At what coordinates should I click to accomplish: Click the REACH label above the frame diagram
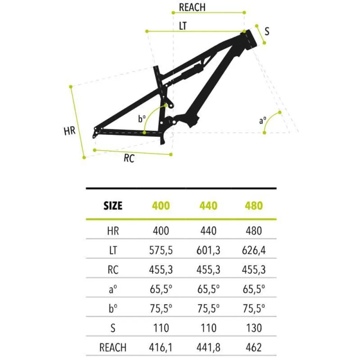[x=192, y=7]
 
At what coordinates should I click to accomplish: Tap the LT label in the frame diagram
[x=183, y=26]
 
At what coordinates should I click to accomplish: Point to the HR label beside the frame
[x=70, y=131]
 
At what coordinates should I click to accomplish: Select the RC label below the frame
[x=129, y=158]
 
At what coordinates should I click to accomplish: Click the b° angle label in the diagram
[x=142, y=119]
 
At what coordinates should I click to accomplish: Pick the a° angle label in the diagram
[x=263, y=120]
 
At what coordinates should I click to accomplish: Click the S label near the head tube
[x=267, y=31]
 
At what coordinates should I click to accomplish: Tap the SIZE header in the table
[x=113, y=206]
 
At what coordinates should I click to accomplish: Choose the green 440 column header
[x=208, y=206]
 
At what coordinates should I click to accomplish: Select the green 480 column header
[x=254, y=206]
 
